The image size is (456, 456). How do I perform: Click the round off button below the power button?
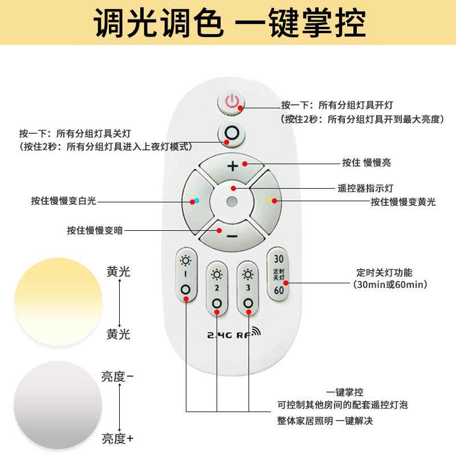(x=231, y=135)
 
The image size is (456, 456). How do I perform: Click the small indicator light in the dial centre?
(x=231, y=201)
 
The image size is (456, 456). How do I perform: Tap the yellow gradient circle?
(x=58, y=302)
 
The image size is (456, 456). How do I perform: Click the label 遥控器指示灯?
(x=365, y=188)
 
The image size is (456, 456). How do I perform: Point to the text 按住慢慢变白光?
(x=64, y=201)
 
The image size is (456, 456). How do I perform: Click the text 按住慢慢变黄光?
(x=403, y=201)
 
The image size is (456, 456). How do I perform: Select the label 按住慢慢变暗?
(x=95, y=230)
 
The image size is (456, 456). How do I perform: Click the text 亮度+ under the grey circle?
(x=117, y=438)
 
